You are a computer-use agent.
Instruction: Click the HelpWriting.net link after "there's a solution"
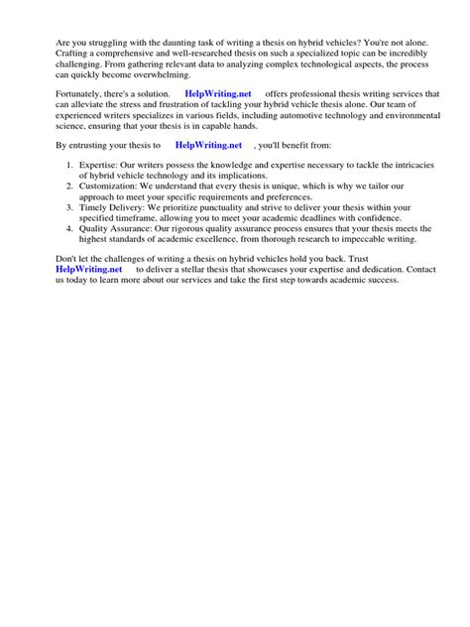(218, 93)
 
